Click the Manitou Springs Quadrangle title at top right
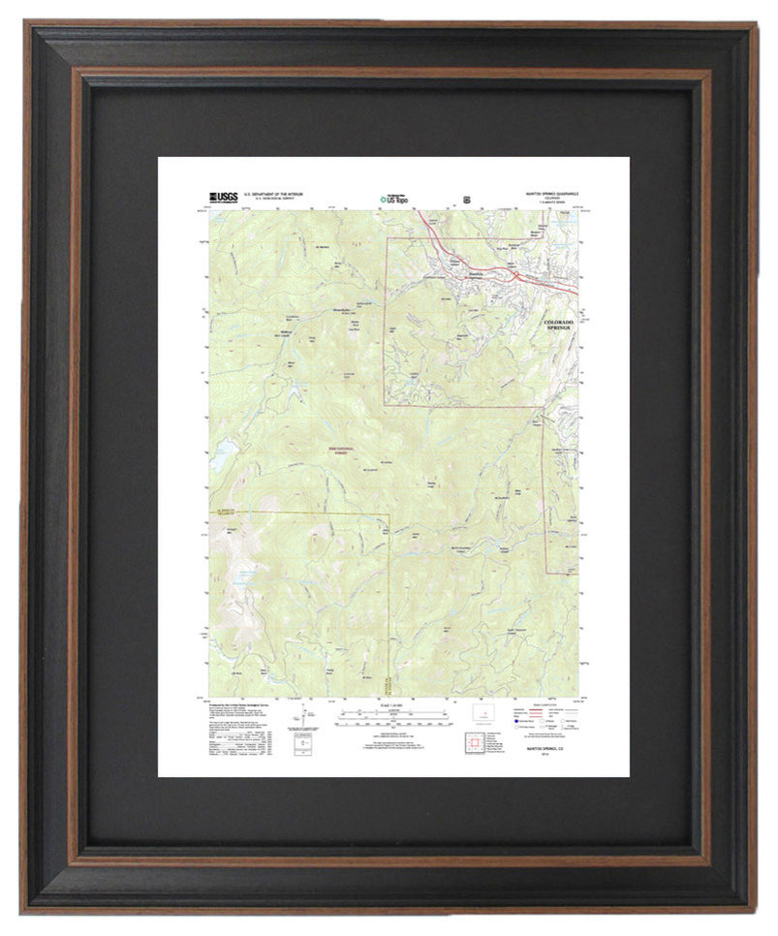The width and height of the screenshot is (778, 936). click(548, 193)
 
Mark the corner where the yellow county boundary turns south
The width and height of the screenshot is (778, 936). click(389, 514)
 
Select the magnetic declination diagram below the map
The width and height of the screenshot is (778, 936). click(307, 719)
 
